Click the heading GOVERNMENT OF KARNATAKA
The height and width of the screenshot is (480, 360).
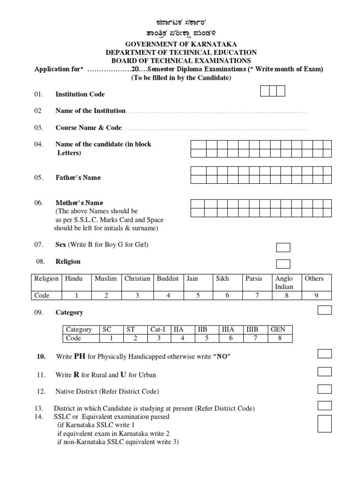[180, 44]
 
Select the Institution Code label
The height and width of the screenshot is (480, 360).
[80, 94]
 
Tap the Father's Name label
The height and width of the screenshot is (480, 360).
[78, 178]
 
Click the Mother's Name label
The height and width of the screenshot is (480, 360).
[79, 203]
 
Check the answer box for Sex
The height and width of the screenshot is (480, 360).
[283, 247]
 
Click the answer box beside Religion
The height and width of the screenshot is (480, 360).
[283, 263]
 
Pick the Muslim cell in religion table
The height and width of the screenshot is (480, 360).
[105, 278]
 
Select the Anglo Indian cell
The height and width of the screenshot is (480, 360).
[285, 282]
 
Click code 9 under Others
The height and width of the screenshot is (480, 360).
[315, 295]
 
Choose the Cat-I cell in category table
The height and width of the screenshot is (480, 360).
[158, 330]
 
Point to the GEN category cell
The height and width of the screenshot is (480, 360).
[278, 330]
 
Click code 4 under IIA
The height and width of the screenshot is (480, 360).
[183, 338]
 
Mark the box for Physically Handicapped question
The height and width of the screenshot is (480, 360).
[324, 353]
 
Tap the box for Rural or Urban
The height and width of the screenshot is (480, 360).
[324, 372]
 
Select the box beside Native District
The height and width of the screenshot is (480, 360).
[324, 389]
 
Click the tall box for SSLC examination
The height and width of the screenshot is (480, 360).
[324, 423]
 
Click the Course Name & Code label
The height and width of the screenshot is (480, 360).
[89, 127]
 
